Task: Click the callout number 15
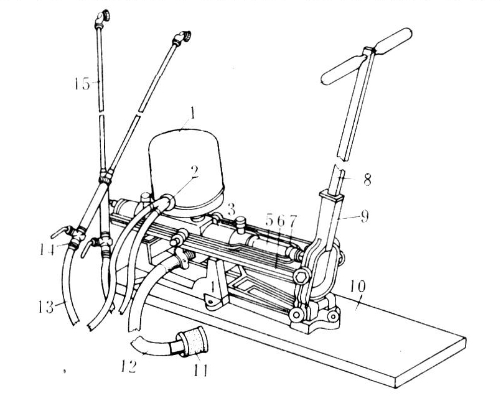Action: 82,84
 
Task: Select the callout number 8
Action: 367,180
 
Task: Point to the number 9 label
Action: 365,216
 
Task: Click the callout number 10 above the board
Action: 357,287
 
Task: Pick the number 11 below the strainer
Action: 200,370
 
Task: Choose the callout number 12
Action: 129,366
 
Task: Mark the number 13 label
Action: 45,307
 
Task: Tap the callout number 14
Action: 47,249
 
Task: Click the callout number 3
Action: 231,210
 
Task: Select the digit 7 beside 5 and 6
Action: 293,221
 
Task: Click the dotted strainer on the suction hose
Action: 192,340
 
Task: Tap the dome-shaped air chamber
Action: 186,169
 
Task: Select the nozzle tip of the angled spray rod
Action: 182,37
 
